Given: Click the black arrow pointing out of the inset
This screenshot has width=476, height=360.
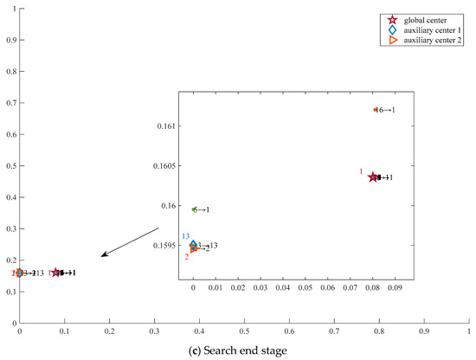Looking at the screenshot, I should pyautogui.click(x=130, y=241).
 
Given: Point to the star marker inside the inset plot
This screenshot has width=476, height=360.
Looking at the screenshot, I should pyautogui.click(x=373, y=177).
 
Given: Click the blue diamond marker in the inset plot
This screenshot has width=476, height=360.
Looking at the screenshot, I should pyautogui.click(x=194, y=245).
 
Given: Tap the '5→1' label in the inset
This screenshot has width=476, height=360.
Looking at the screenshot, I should pyautogui.click(x=201, y=209).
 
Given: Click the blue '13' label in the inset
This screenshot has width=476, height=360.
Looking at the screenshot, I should pyautogui.click(x=185, y=236).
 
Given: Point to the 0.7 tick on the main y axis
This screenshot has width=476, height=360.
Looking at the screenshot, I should pyautogui.click(x=10, y=104).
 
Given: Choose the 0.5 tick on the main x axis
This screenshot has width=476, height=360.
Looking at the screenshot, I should pyautogui.click(x=244, y=330).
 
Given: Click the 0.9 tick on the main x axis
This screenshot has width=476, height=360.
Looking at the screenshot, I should pyautogui.click(x=424, y=330).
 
